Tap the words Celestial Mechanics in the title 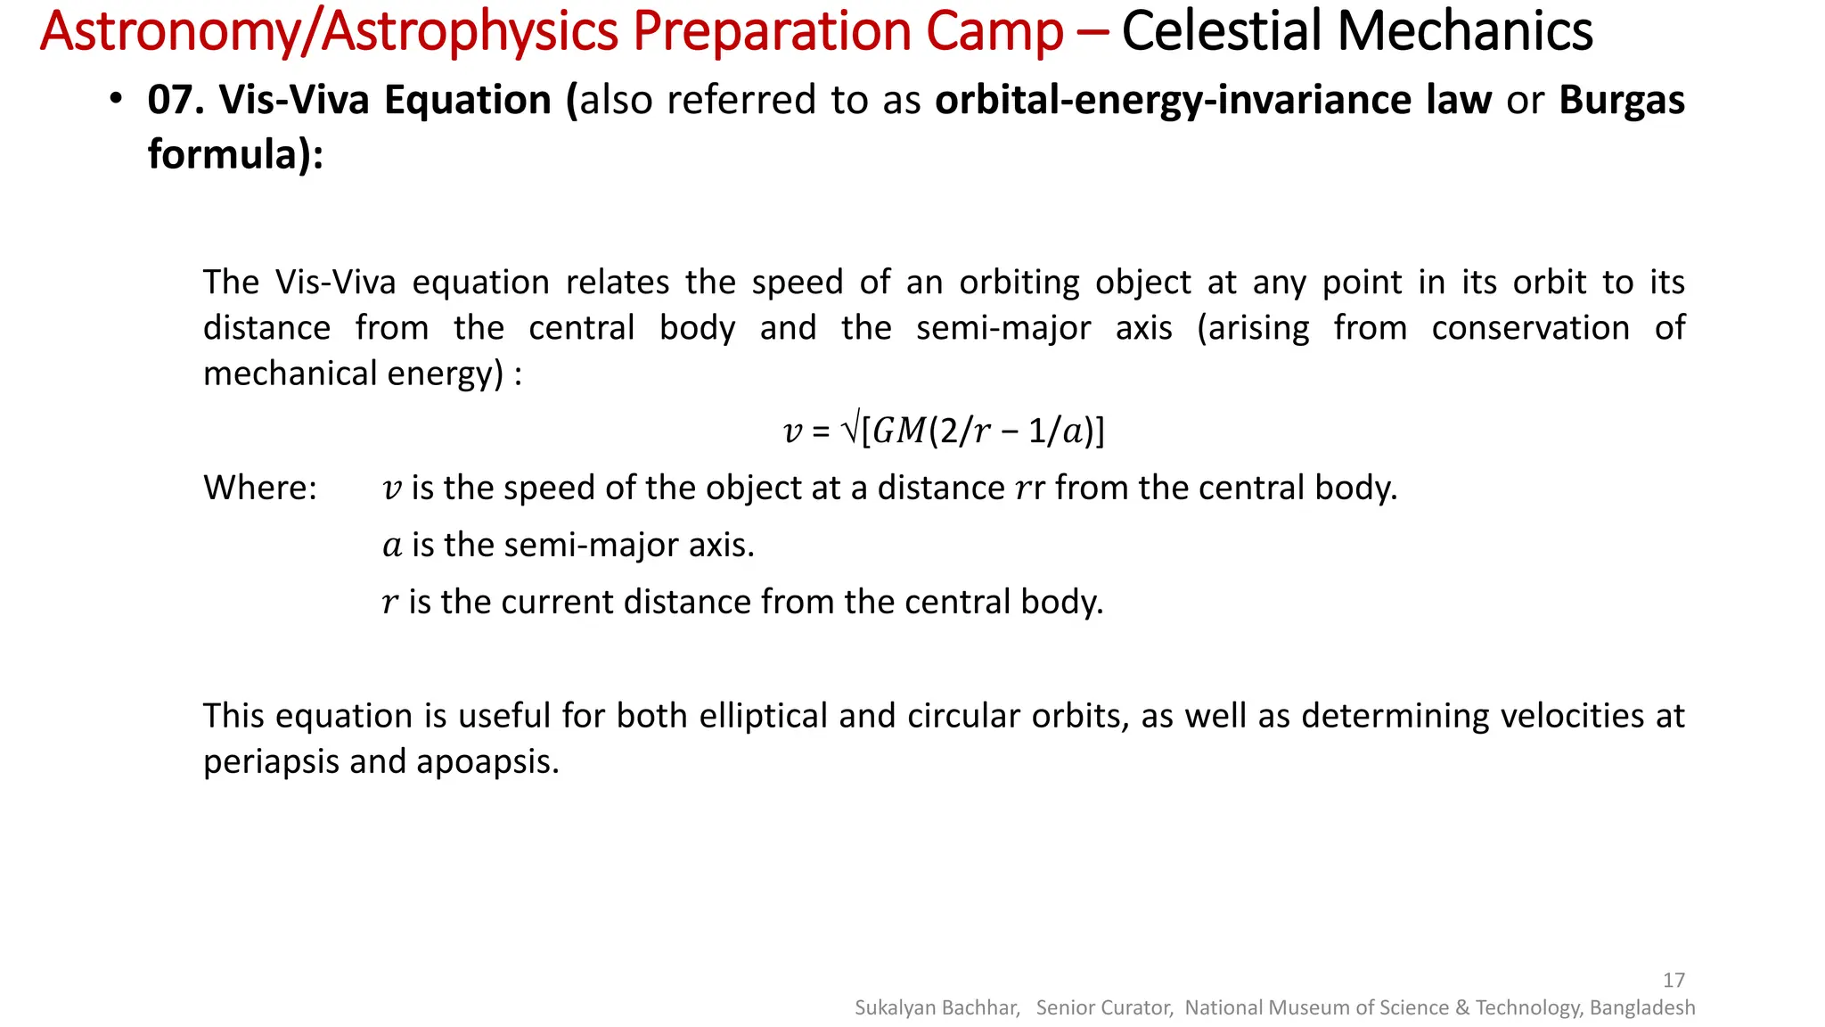(1356, 32)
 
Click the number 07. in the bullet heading (176, 100)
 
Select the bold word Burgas (1621, 100)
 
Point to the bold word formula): (235, 154)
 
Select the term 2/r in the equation (965, 431)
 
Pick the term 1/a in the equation (1054, 431)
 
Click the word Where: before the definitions (259, 489)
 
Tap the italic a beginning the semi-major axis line (392, 546)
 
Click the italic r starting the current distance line (389, 603)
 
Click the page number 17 (1674, 980)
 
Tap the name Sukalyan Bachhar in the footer (937, 1007)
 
